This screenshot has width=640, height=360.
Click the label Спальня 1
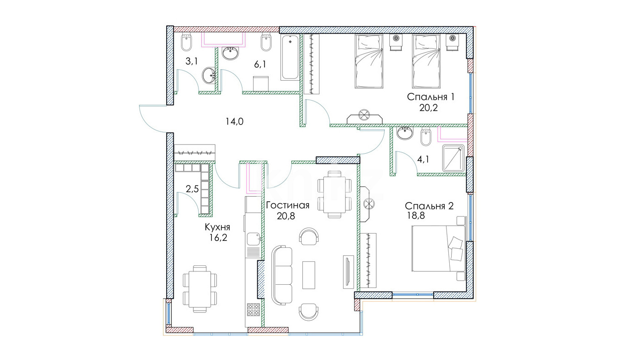[x=430, y=97]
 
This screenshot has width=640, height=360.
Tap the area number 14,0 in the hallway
[x=234, y=122]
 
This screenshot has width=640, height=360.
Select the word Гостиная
[x=287, y=205]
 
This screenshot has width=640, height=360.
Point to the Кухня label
[x=217, y=227]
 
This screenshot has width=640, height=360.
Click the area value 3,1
[x=192, y=61]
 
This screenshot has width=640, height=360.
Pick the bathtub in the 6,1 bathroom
[x=290, y=57]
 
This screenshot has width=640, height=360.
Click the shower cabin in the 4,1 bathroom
[x=453, y=158]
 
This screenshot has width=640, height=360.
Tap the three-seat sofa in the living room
[x=282, y=275]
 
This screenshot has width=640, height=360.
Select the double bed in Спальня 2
[x=438, y=248]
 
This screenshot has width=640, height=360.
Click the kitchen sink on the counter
[x=254, y=239]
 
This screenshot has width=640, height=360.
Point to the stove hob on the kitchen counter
[x=254, y=310]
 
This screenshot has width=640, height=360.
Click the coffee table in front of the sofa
[x=308, y=275]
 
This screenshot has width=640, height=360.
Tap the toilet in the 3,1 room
[x=187, y=42]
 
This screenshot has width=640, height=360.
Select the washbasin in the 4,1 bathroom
[x=405, y=133]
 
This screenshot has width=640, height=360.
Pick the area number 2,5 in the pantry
[x=192, y=189]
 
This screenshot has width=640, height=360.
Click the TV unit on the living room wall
[x=348, y=271]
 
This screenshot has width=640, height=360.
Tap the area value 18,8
[x=416, y=215]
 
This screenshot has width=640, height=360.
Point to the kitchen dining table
[x=199, y=289]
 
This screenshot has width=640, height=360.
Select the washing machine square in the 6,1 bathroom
[x=261, y=84]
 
